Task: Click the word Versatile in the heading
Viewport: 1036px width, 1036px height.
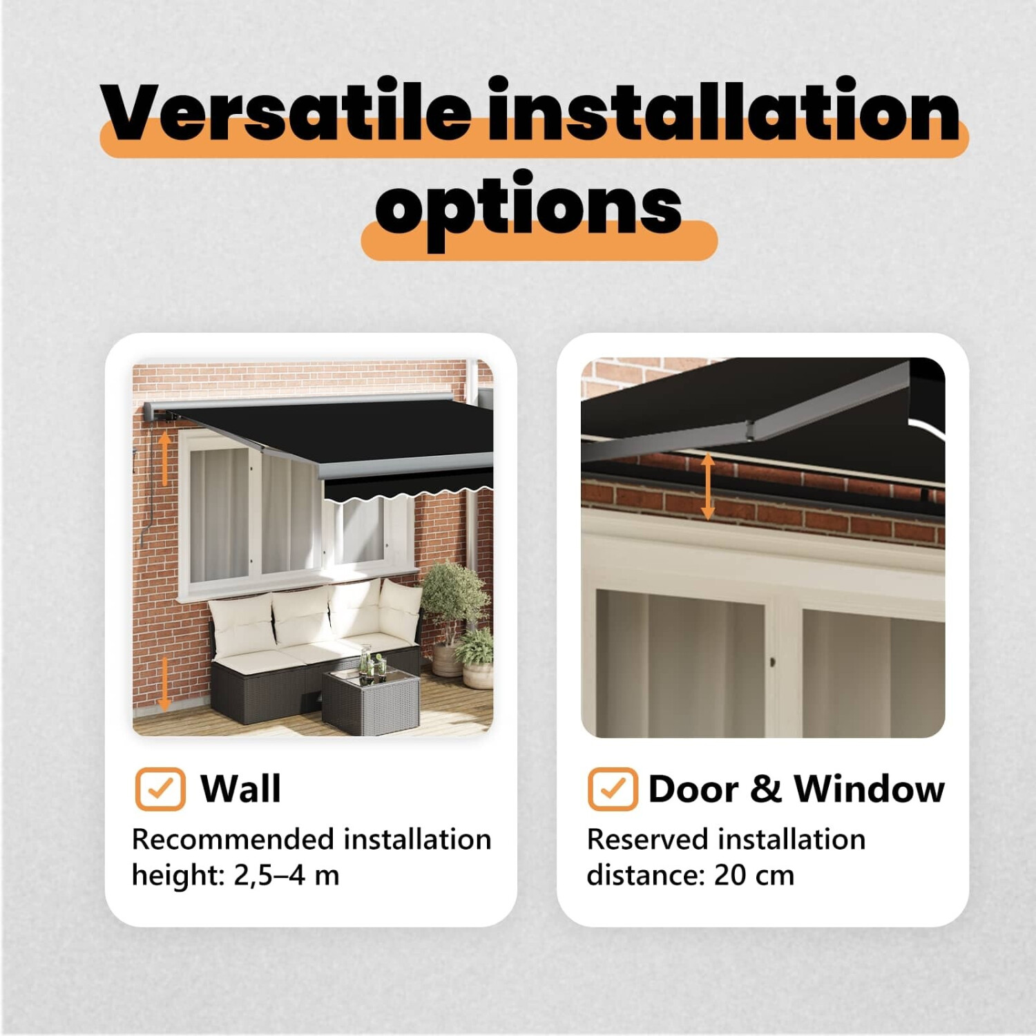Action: point(285,111)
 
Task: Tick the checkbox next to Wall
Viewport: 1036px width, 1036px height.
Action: point(160,789)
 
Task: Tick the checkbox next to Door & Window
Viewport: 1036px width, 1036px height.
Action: point(613,789)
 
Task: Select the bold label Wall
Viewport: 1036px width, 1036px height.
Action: point(240,789)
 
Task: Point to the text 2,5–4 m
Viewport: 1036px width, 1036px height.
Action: point(287,875)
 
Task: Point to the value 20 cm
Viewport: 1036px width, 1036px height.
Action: point(754,875)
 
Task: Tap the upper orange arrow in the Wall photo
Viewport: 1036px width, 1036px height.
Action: point(164,457)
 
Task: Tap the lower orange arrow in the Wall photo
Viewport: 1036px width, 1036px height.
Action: point(164,684)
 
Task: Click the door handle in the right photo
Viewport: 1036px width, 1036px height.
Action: point(772,662)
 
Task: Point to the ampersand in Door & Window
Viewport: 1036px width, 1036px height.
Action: point(765,789)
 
